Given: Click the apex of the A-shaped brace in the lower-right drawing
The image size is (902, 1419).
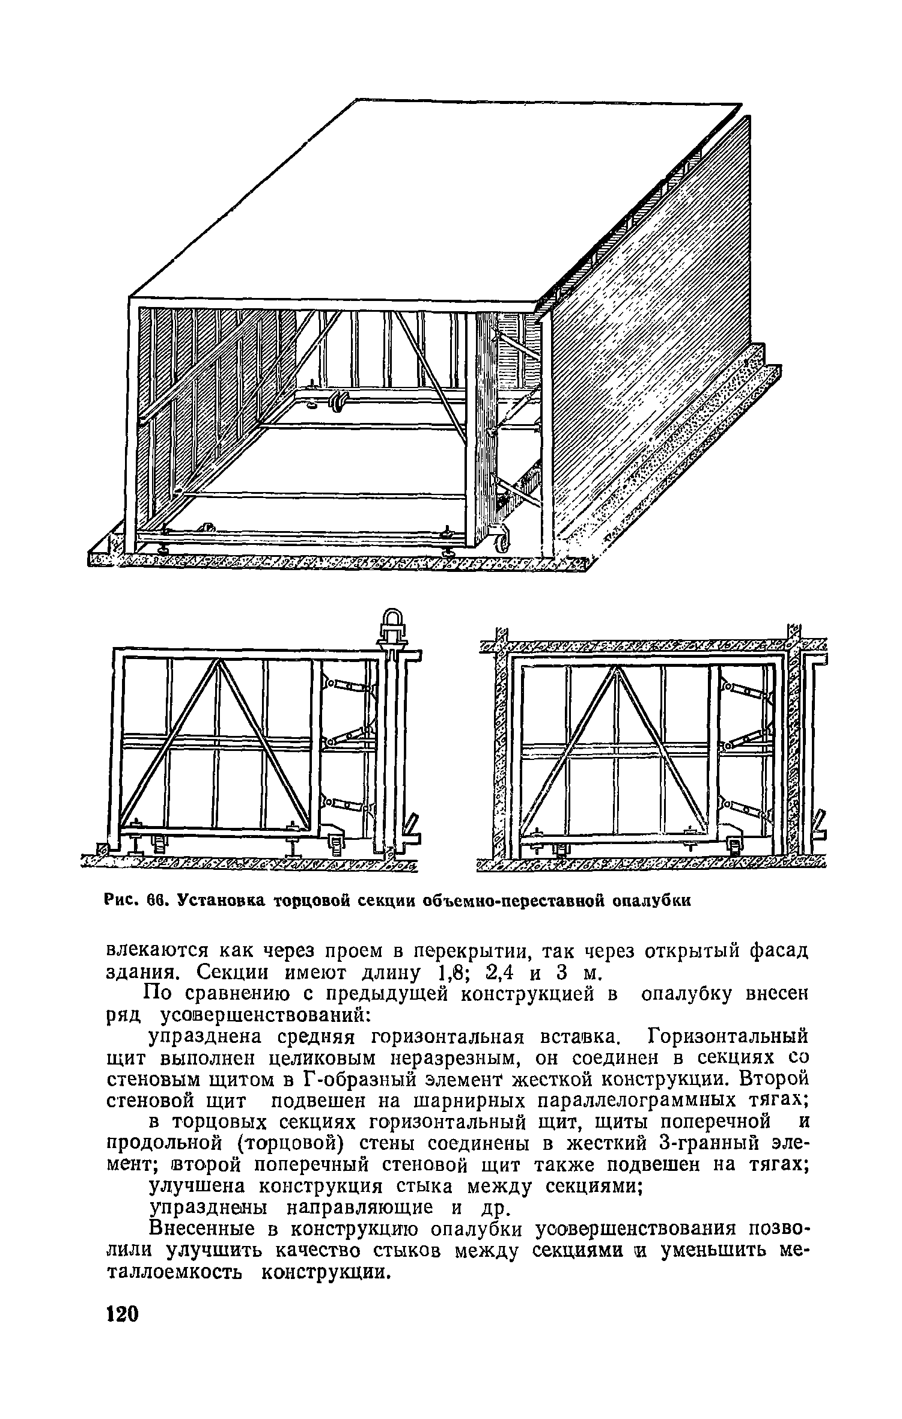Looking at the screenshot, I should (617, 670).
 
